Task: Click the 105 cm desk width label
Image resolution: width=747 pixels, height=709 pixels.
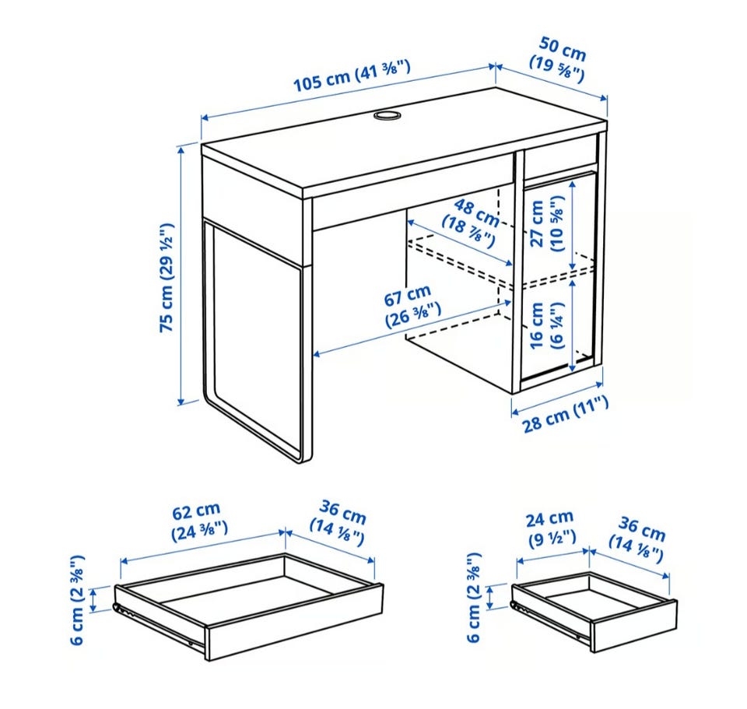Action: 352,76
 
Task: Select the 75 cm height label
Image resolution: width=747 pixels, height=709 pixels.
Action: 167,278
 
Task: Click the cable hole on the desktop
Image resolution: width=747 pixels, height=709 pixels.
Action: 387,115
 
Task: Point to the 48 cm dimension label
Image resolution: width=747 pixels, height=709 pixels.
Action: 472,222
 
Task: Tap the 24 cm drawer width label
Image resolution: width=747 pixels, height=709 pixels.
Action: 550,528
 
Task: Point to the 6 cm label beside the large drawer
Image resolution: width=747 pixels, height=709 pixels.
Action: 77,599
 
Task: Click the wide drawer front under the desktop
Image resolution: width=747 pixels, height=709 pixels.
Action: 413,192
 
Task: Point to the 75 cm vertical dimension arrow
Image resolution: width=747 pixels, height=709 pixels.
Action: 181,276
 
